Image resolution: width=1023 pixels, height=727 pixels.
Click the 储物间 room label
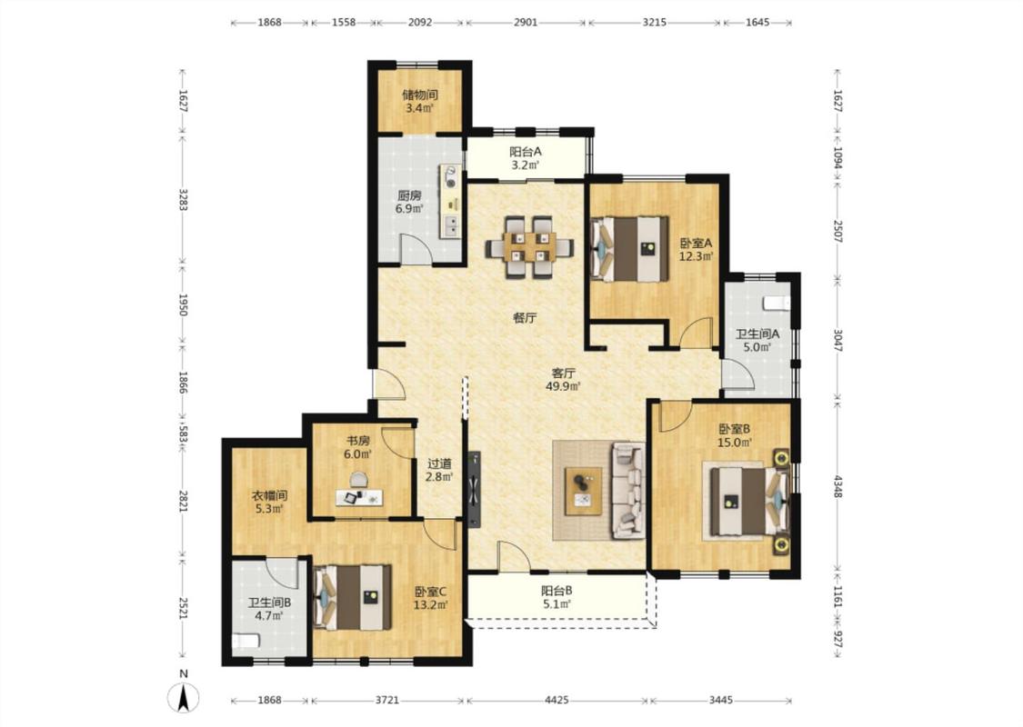click(419, 95)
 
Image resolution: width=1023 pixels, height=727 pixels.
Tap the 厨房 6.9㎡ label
click(410, 202)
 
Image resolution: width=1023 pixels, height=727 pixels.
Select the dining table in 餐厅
click(530, 247)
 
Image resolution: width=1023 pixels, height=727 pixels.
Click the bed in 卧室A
click(630, 248)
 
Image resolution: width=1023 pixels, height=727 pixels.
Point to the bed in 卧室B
click(750, 501)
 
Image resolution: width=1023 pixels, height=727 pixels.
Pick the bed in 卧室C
click(352, 597)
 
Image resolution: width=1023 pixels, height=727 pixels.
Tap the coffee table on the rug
click(584, 492)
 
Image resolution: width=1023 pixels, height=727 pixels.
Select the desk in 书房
click(359, 498)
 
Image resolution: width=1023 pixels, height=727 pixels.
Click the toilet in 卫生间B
click(246, 642)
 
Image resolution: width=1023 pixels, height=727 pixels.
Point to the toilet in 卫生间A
click(777, 304)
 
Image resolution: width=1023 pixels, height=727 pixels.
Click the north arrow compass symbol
click(184, 698)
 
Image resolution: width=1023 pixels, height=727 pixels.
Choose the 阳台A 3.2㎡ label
click(526, 158)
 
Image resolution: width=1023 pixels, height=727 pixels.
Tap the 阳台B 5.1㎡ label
click(557, 597)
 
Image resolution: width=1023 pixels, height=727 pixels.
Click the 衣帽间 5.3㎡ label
click(269, 502)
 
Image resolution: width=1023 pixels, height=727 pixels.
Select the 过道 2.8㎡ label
click(439, 470)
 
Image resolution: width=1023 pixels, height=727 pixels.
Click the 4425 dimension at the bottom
click(557, 701)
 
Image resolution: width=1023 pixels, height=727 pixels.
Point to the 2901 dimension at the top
click(526, 22)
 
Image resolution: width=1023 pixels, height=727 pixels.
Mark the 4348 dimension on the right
click(837, 486)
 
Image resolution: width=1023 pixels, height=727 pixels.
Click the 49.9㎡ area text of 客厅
click(563, 386)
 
